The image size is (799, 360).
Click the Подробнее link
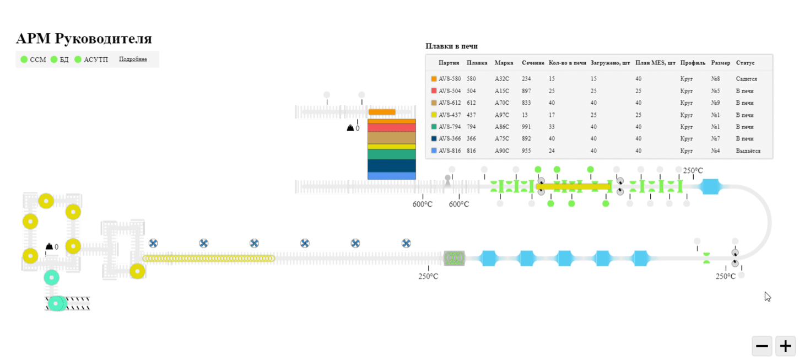point(133,59)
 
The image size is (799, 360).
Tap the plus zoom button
point(785,346)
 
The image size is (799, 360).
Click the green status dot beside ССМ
point(24,59)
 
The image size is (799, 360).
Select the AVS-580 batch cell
point(450,78)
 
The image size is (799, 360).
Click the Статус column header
point(745,63)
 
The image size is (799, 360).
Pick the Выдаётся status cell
point(748,151)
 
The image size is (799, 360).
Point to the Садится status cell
point(746,78)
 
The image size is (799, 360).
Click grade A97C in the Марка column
point(501,115)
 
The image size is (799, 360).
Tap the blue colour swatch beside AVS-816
point(434,151)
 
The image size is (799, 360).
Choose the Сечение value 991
point(526,127)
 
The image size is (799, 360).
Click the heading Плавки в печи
point(451,46)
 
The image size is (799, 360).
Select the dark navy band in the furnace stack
point(392,166)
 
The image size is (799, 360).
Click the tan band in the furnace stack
point(392,138)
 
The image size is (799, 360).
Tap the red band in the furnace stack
point(392,127)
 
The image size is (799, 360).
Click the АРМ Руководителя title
point(84,39)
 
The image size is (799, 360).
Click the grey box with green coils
point(454,258)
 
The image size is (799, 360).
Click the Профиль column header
point(693,63)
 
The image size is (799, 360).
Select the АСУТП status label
point(95,60)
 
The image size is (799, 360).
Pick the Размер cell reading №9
point(715,103)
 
